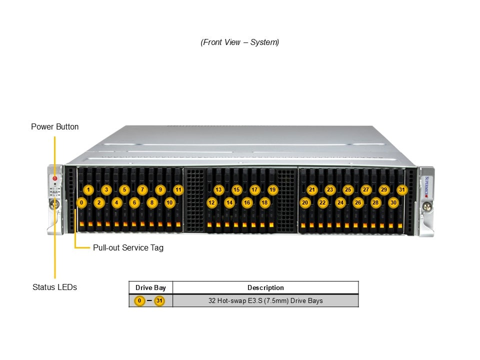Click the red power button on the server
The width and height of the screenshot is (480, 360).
pyautogui.click(x=55, y=178)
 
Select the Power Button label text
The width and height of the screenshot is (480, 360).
pyautogui.click(x=54, y=126)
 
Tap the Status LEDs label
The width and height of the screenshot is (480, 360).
pyautogui.click(x=54, y=287)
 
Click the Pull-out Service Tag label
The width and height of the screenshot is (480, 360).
pyautogui.click(x=128, y=247)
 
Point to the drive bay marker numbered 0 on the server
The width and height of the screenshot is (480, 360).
pyautogui.click(x=81, y=202)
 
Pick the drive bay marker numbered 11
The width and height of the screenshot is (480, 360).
pyautogui.click(x=178, y=190)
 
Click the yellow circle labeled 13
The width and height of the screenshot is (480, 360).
pyautogui.click(x=218, y=190)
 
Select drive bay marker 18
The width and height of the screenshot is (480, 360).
pyautogui.click(x=264, y=202)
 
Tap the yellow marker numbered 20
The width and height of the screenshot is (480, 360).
pyautogui.click(x=304, y=202)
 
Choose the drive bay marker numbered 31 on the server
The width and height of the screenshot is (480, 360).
pyautogui.click(x=401, y=190)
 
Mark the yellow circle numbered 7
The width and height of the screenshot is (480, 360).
pyautogui.click(x=142, y=190)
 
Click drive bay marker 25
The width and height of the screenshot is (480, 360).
pyautogui.click(x=347, y=190)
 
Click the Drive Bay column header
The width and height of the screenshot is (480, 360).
pyautogui.click(x=150, y=287)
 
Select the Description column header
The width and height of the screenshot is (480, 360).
pyautogui.click(x=265, y=287)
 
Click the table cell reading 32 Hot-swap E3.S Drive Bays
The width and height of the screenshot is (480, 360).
pyautogui.click(x=265, y=300)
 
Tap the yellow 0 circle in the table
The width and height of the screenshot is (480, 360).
pyautogui.click(x=140, y=300)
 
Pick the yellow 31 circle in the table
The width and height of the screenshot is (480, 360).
pyautogui.click(x=159, y=300)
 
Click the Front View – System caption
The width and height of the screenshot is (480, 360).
pyautogui.click(x=240, y=42)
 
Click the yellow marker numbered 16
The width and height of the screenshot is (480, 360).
pyautogui.click(x=247, y=202)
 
